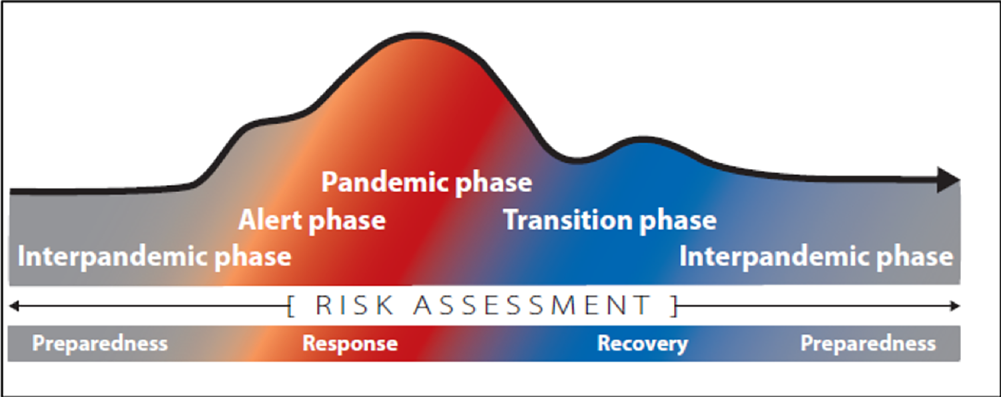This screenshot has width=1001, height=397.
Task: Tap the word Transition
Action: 566,220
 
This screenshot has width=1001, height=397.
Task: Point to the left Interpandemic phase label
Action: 154,257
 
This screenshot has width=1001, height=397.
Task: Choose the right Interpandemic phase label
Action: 816,257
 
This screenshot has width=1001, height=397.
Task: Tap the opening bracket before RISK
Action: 291,307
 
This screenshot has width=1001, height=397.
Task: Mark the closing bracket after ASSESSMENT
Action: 675,307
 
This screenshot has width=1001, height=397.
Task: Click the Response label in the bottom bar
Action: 350,344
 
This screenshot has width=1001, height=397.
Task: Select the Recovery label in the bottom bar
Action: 642,344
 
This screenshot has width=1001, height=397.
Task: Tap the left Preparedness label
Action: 100,344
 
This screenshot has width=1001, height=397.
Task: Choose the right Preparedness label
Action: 868,344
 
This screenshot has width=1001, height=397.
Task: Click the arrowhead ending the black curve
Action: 949,180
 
